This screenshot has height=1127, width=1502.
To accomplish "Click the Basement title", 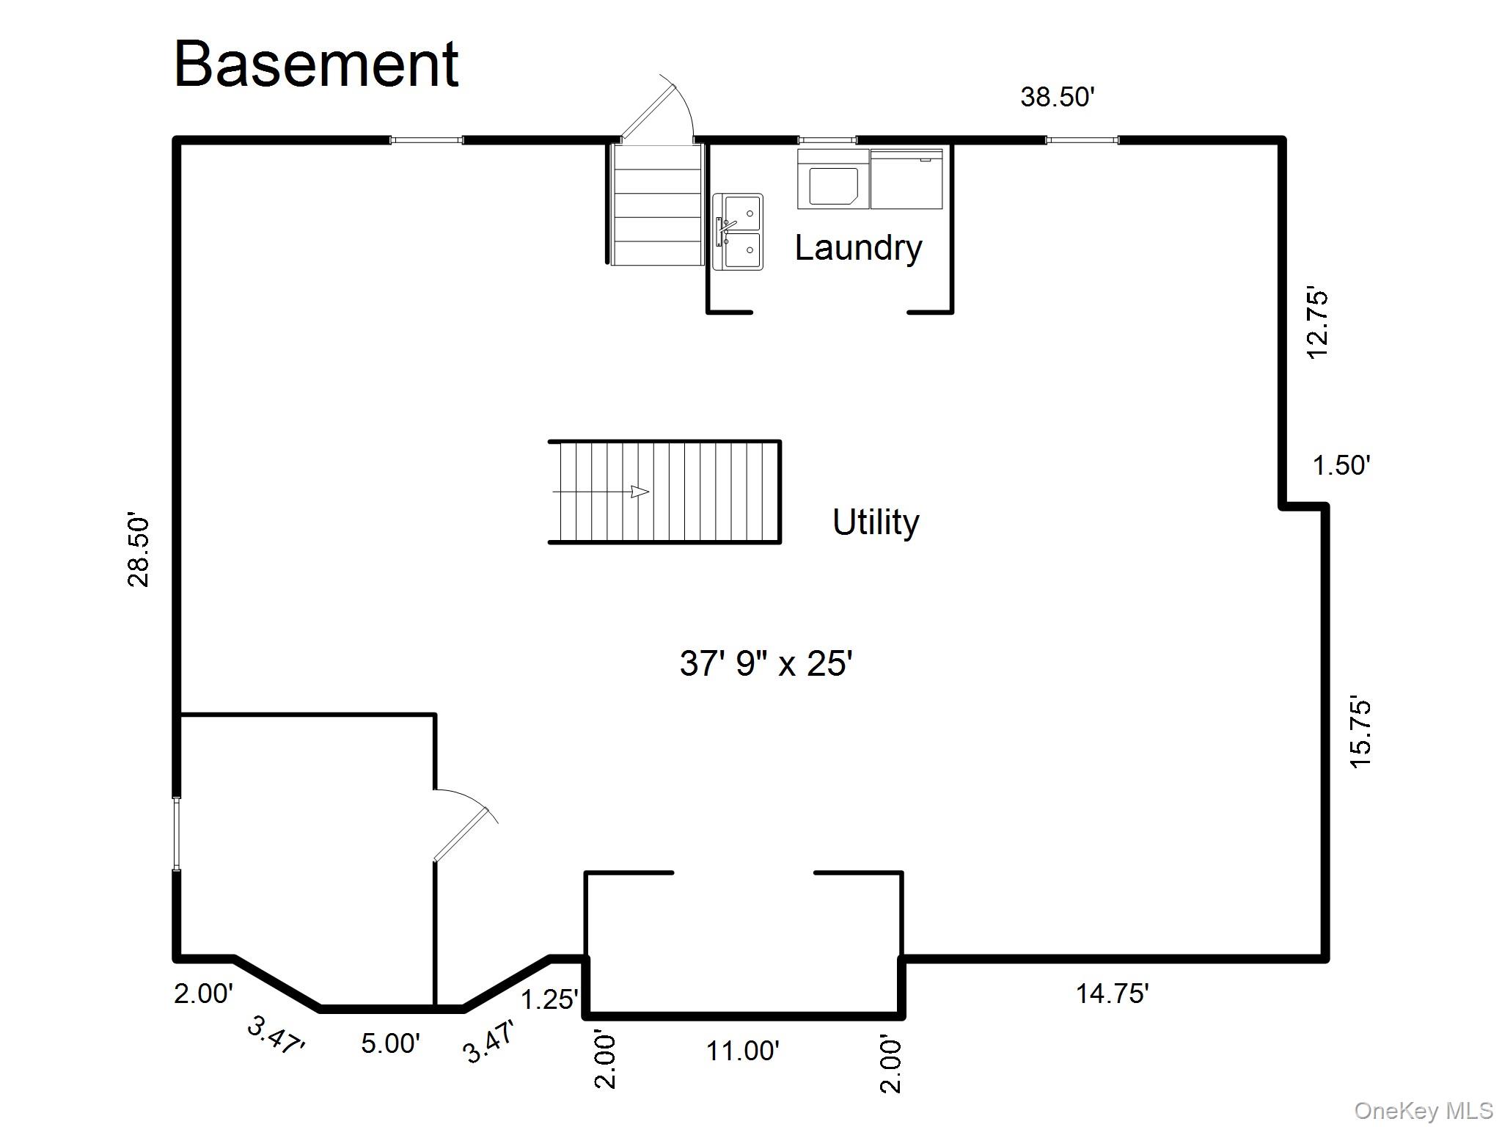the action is pos(317,65).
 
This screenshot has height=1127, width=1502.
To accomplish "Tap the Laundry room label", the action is pos(858,248).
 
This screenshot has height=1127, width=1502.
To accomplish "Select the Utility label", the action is pos(876,522).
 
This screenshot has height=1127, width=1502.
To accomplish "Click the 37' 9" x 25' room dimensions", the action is pos(766,663).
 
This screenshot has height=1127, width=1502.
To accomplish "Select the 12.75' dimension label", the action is pos(1318,324).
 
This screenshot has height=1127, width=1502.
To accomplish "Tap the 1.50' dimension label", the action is pos(1341,465).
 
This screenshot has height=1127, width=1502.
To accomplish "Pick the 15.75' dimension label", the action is pos(1360,732).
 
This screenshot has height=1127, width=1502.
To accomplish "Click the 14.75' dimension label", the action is pos(1112,993).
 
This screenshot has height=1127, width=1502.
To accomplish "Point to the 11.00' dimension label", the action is pos(742,1051).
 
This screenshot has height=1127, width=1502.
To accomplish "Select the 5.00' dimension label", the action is pos(390,1043).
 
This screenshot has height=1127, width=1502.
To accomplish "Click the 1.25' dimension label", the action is pos(549,999).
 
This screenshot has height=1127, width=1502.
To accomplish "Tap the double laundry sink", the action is pos(738,232).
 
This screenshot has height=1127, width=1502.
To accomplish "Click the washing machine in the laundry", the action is pos(833,179).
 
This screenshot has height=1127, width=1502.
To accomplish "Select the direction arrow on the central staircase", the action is pos(601,492).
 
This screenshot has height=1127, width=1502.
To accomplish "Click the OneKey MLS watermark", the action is pos(1424,1111).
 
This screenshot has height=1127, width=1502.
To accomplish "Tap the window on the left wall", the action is pos(177,834).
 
